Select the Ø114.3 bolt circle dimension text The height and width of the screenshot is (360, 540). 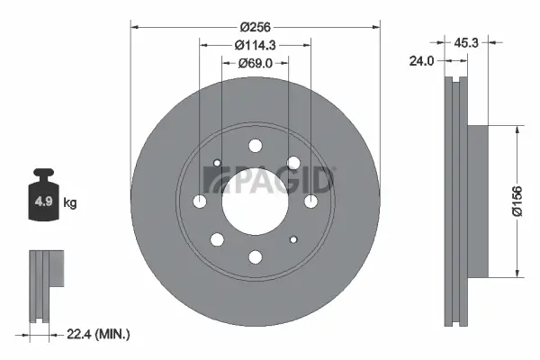[255, 45]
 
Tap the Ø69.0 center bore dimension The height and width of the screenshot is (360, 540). [255, 62]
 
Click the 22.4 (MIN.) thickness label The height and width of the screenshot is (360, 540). [100, 334]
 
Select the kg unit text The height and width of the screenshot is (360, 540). [70, 203]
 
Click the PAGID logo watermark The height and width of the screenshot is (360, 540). [271, 181]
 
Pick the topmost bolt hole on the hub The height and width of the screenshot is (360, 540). [255, 146]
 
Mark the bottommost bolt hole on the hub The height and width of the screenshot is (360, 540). [255, 257]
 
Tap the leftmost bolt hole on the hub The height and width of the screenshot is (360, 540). [199, 202]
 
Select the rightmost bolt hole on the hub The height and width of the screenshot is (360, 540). [310, 202]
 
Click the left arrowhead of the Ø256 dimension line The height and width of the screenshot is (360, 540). [135, 26]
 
